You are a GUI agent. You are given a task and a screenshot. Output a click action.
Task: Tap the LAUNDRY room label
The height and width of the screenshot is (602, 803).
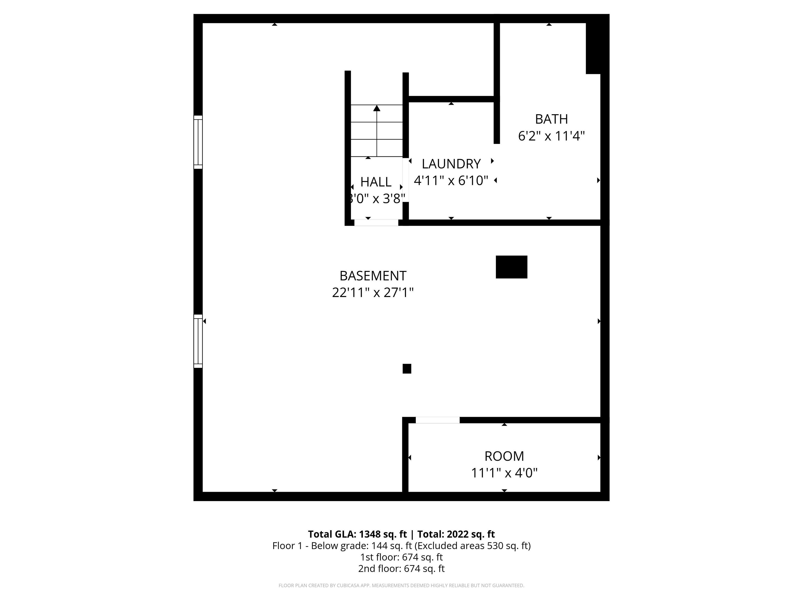click(x=451, y=164)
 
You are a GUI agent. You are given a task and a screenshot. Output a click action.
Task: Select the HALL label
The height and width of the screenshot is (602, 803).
click(x=376, y=182)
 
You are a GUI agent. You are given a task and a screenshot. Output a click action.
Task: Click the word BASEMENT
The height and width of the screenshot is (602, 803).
click(x=373, y=276)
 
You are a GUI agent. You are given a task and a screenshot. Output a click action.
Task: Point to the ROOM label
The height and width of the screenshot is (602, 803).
click(x=504, y=456)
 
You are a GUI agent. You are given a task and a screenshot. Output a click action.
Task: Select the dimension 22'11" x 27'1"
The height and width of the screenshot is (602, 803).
click(x=373, y=292)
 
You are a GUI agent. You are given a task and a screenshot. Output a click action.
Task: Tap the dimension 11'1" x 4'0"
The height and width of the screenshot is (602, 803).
click(x=504, y=473)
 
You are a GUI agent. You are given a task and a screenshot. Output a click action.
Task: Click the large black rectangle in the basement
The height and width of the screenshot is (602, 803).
click(x=512, y=267)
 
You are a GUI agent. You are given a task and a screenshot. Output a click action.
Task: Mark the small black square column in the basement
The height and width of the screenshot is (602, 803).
click(x=407, y=369)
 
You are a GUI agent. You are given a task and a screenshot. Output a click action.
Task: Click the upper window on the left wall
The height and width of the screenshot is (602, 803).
click(x=198, y=142)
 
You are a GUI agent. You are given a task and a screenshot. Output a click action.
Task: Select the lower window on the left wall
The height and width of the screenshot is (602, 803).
click(x=198, y=341)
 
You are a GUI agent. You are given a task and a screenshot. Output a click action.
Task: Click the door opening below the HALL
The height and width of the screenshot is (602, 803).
click(x=376, y=222)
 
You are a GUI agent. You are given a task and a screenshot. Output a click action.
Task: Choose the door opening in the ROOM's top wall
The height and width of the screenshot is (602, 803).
click(x=438, y=420)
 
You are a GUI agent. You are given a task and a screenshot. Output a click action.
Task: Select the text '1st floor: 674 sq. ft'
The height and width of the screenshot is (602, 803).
click(x=401, y=557)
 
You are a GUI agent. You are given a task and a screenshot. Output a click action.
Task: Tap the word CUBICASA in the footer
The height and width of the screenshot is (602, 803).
click(x=349, y=585)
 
